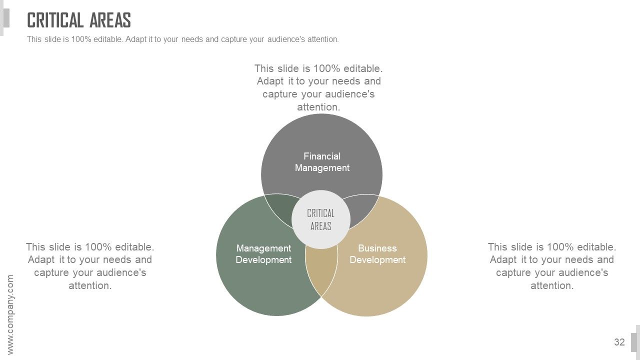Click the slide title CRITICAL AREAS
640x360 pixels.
coord(79,20)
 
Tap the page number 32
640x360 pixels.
coord(619,342)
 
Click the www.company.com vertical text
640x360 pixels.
coord(10,314)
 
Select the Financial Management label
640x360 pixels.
coord(322,162)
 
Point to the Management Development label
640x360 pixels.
coord(263,254)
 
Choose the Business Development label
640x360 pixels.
coord(377,254)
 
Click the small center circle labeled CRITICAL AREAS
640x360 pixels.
coord(321,219)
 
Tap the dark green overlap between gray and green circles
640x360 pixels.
coord(281,208)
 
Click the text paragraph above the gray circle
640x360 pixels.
coord(318,87)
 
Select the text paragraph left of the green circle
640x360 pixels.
coord(90,266)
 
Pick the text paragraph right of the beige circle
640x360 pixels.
coord(552,266)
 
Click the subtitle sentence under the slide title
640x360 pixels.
coord(183,39)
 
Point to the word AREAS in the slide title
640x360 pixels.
coord(110,20)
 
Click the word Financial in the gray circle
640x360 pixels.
coord(322,156)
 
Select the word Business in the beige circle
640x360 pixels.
coord(377,248)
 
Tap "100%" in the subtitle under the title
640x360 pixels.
coord(81,39)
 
